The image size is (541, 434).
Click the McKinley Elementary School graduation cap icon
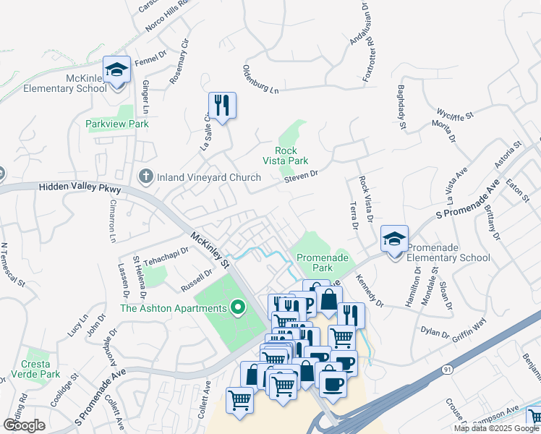pyautogui.click(x=116, y=70)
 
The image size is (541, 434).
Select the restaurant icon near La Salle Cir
pyautogui.click(x=222, y=106)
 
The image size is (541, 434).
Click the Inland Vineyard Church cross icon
pyautogui.click(x=145, y=176)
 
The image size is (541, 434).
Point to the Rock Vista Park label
pyautogui.click(x=286, y=156)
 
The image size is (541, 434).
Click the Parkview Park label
pyautogui.click(x=116, y=124)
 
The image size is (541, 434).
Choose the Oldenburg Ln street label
pyautogui.click(x=260, y=80)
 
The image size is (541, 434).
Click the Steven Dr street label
pyautogui.click(x=301, y=176)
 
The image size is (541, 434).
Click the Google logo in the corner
pyautogui.click(x=24, y=425)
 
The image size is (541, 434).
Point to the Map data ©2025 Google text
pyautogui.click(x=495, y=428)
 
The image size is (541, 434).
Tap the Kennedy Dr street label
pyautogui.click(x=367, y=289)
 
